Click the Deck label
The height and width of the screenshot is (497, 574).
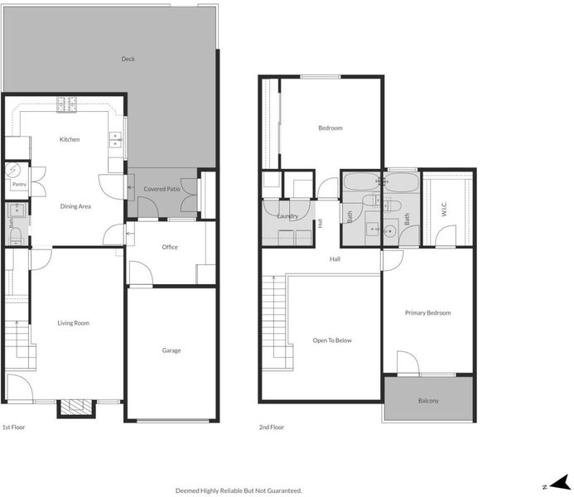(128, 59)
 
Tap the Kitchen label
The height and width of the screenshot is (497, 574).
(70, 139)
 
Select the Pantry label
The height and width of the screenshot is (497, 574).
(19, 184)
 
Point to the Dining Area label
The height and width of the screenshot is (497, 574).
(75, 206)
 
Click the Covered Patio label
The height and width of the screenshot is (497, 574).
(162, 189)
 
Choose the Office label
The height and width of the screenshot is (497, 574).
(170, 247)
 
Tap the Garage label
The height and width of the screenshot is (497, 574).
(171, 350)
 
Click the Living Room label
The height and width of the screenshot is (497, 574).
(73, 323)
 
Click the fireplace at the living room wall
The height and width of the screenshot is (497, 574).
(76, 408)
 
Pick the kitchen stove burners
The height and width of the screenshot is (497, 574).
(66, 104)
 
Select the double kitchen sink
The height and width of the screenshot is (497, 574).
(116, 140)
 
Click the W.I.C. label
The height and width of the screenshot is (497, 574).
(444, 209)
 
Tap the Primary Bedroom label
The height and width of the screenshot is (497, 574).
(427, 313)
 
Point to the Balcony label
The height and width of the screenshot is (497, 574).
(428, 401)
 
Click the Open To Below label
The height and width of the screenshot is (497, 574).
(332, 340)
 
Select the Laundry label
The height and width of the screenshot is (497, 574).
(287, 216)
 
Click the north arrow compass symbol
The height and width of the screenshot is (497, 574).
(558, 483)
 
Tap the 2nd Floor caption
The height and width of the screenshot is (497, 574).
(271, 427)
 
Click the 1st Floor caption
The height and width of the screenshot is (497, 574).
(13, 427)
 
